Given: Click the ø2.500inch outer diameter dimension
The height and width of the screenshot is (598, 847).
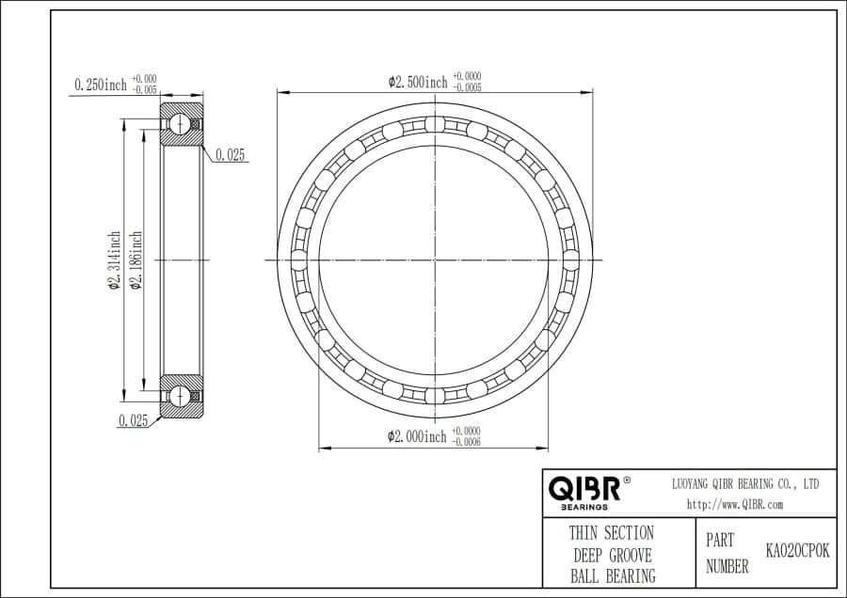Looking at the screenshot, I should [418, 82].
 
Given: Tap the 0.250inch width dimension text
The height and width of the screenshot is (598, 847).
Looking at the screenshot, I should [100, 86].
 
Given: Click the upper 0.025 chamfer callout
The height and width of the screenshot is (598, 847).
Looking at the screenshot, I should [230, 156].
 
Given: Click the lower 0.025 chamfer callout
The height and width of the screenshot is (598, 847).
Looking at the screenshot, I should [133, 421].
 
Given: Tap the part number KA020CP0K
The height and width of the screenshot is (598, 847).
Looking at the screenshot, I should [798, 552].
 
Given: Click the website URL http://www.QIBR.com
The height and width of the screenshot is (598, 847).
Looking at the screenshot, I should [735, 504].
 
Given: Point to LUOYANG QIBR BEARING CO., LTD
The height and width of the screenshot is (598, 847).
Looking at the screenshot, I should [744, 483].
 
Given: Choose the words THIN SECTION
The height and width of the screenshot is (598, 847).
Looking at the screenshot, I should [611, 533].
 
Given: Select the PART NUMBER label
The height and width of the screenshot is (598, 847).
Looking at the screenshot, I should [727, 554].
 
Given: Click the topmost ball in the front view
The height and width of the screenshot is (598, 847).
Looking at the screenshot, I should [434, 124].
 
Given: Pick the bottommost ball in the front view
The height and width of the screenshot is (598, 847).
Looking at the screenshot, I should [434, 395].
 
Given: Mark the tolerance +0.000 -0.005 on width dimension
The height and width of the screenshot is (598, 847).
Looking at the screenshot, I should [144, 85].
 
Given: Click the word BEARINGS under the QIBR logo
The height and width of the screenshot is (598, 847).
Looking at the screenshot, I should [583, 507].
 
